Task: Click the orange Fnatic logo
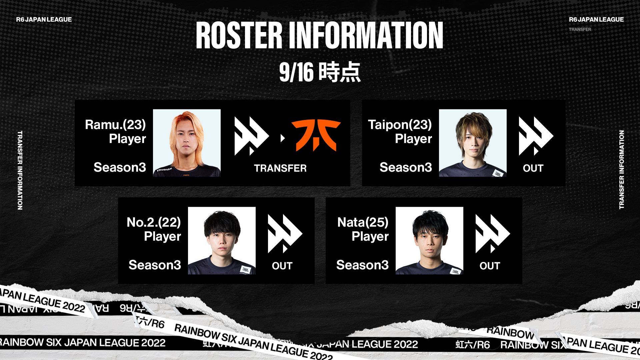pos(316,135)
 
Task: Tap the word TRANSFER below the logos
pos(280,168)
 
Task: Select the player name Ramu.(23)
pos(115,125)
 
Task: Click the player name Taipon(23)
pos(400,125)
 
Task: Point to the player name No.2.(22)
pos(154,222)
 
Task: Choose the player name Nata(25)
pos(363,222)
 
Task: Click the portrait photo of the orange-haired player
pos(187,143)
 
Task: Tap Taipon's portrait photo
pos(473,143)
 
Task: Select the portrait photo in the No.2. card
pos(222,240)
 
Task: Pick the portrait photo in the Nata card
pos(429,240)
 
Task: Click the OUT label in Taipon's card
pos(533,168)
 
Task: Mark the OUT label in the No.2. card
pos(282,266)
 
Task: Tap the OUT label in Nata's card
pos(490,266)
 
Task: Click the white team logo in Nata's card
pos(492,234)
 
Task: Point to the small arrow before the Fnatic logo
pos(283,138)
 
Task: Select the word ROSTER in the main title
pos(239,36)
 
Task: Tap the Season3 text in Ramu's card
pos(120,167)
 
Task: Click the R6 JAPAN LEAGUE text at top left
pos(44,20)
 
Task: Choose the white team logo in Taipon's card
pos(536,136)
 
